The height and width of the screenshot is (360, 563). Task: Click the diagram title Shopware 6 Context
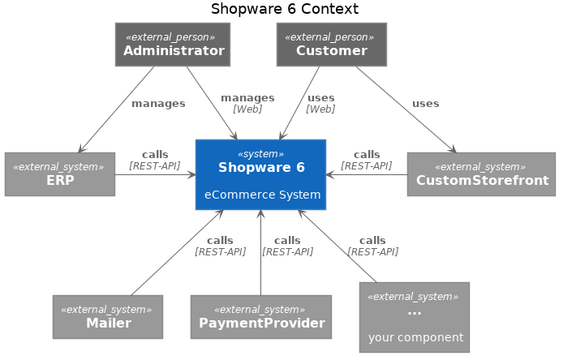[x=284, y=10]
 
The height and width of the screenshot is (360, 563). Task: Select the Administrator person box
[x=173, y=45]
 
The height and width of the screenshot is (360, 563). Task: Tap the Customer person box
[x=331, y=45]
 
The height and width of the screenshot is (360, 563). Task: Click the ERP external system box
[x=59, y=174]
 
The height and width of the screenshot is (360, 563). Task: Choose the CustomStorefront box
[x=481, y=174]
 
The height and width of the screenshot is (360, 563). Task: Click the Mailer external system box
[x=108, y=317]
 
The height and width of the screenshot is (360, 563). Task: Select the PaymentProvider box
[x=261, y=317]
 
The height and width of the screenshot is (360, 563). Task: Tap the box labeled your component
[x=415, y=317]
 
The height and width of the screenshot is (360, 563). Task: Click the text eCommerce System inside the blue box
[x=262, y=195]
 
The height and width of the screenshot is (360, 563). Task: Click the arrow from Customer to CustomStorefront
[x=406, y=109]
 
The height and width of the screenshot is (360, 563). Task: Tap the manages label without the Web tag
[x=158, y=104]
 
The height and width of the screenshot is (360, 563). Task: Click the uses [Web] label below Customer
[x=320, y=103]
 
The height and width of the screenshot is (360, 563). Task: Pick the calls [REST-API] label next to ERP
[x=155, y=160]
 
